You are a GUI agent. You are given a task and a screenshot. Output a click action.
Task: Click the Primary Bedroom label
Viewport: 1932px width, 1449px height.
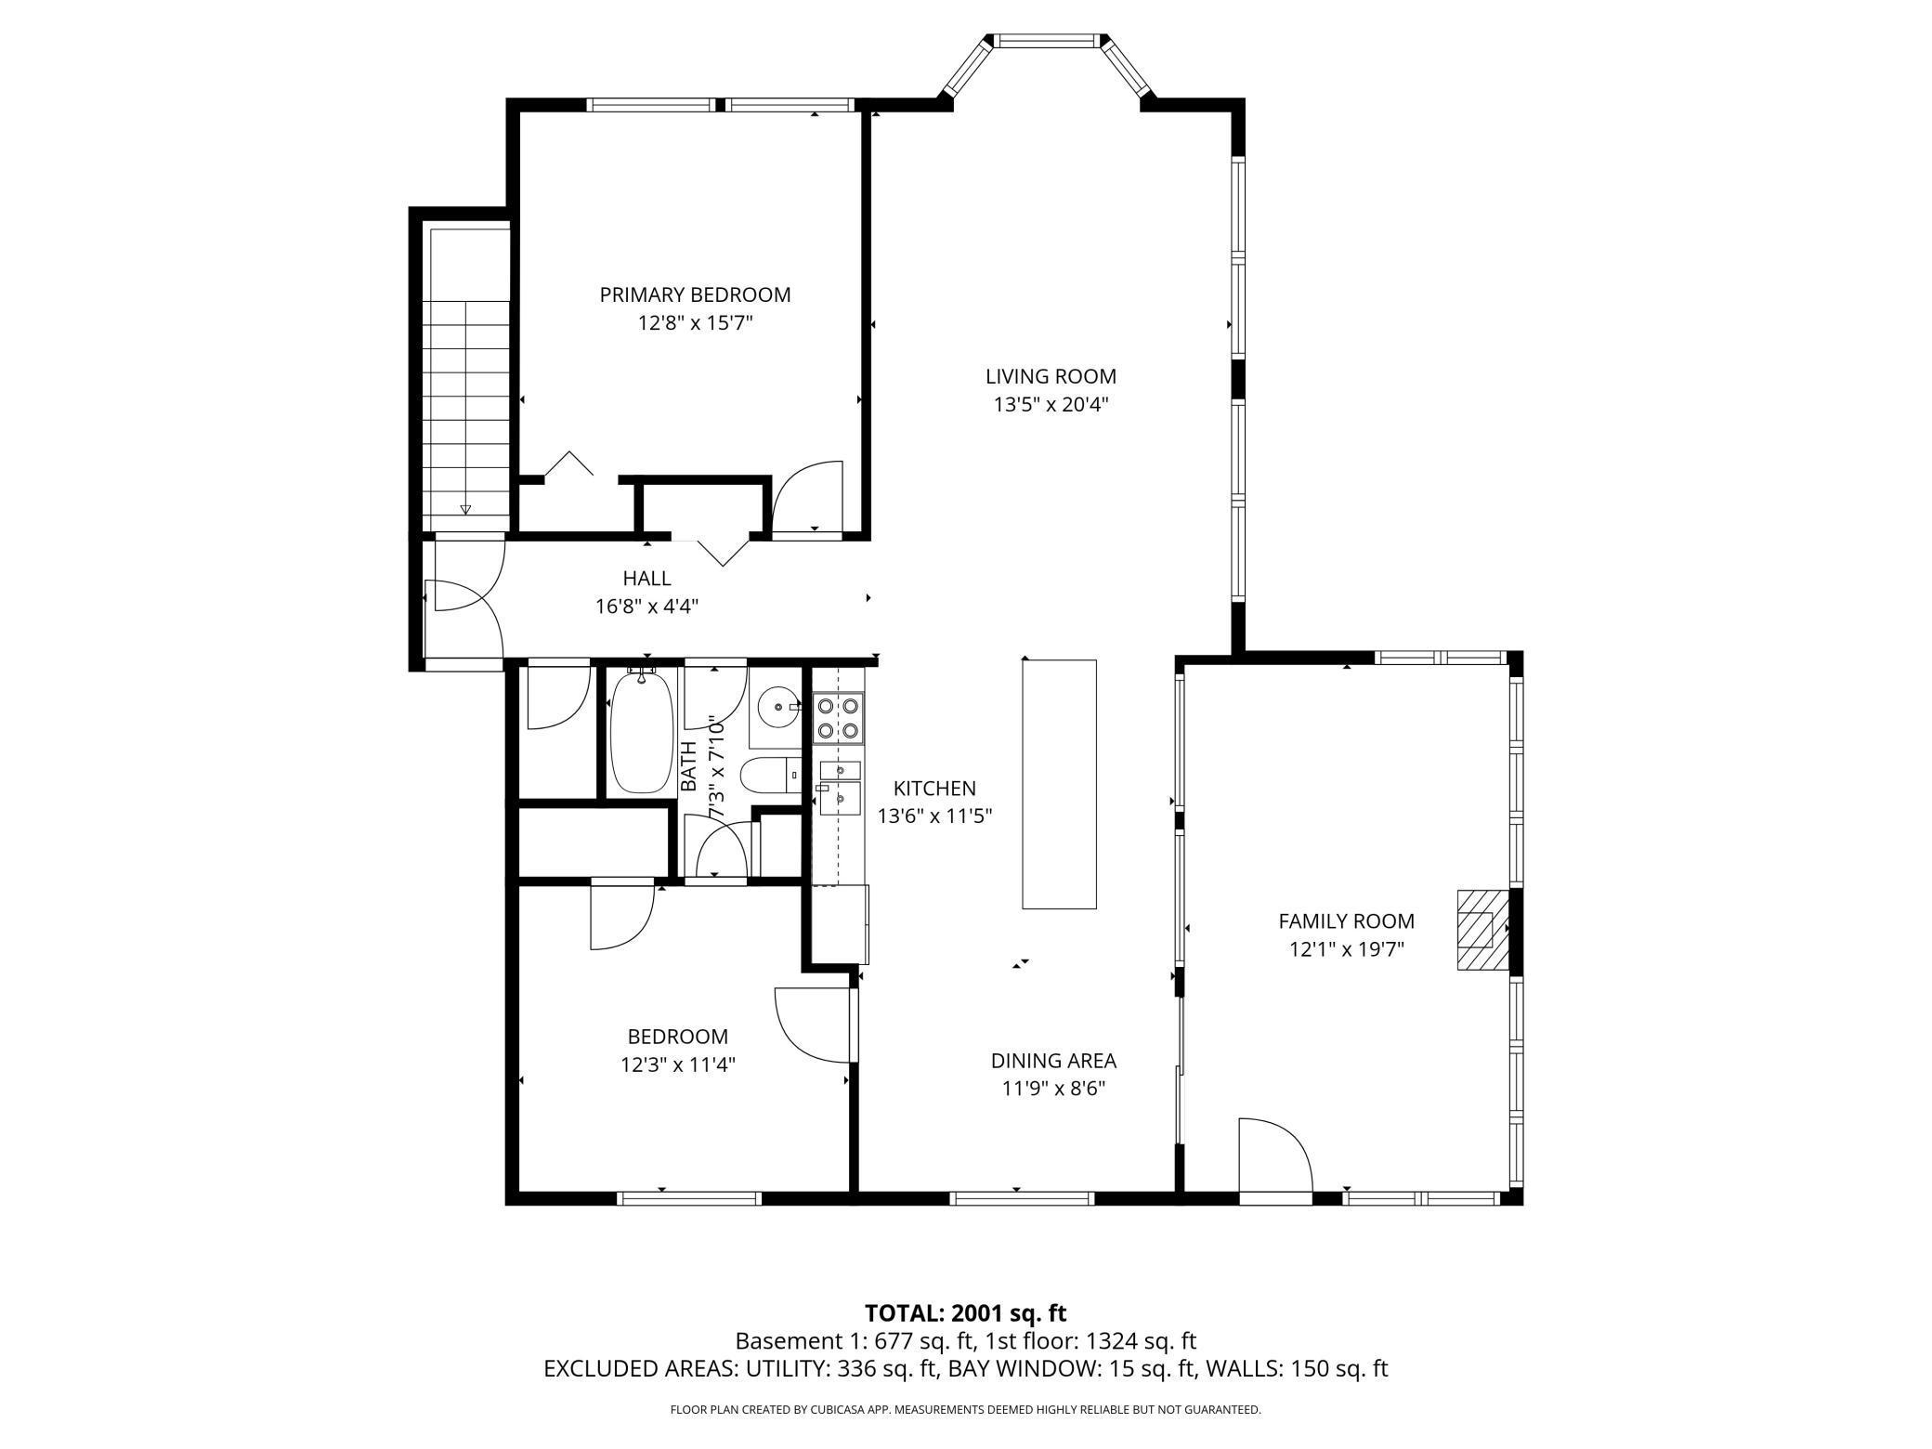[x=695, y=294]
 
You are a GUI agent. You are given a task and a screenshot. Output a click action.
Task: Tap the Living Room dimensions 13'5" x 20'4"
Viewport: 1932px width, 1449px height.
[x=1051, y=405]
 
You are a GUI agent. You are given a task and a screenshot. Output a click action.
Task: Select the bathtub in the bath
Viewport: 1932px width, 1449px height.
[x=641, y=731]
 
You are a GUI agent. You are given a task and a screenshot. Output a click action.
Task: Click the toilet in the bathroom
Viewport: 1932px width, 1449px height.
[x=770, y=774]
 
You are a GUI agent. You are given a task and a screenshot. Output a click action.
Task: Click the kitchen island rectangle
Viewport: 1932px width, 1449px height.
[x=1059, y=784]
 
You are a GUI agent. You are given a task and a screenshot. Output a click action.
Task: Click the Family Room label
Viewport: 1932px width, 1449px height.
[x=1346, y=920]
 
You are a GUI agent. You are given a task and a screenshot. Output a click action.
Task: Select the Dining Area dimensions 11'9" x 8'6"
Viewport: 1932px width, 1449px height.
[x=1053, y=1088]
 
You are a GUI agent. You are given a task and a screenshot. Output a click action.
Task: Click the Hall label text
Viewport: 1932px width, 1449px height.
[x=646, y=578]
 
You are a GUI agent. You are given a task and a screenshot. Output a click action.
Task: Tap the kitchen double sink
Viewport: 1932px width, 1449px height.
[x=840, y=783]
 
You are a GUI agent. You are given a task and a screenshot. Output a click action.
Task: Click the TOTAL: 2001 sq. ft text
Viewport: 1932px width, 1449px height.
[x=966, y=1312]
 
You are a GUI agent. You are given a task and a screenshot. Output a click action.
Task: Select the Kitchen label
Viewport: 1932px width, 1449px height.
[x=934, y=788]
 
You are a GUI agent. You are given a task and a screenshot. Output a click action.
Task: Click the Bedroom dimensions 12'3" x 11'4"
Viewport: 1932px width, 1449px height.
[x=678, y=1064]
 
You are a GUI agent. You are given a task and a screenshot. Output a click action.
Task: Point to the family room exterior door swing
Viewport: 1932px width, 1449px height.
[x=1274, y=1155]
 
